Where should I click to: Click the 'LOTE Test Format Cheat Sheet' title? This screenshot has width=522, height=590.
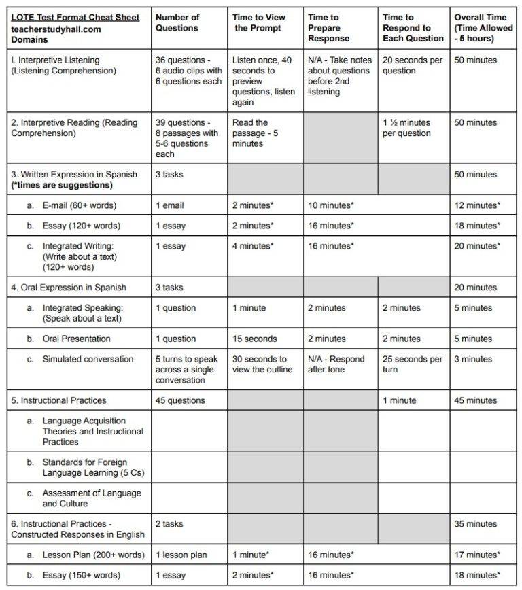(75, 17)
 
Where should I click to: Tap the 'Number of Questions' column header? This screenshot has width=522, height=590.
(177, 22)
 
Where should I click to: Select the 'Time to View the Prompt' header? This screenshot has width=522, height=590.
(259, 22)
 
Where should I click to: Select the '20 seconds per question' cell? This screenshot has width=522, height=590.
(412, 65)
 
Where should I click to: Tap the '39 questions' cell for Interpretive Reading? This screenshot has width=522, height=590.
(187, 138)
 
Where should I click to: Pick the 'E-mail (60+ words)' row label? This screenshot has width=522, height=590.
(79, 205)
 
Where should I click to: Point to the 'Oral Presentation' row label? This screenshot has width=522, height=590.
(76, 339)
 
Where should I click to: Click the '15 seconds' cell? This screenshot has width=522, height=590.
(254, 339)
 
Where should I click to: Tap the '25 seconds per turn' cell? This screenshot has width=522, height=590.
(412, 364)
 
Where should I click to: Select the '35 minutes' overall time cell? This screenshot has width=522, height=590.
(475, 524)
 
